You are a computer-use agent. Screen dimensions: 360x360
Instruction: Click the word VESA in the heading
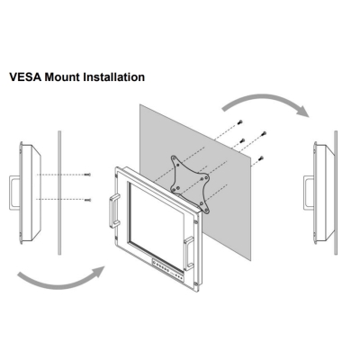click(x=25, y=76)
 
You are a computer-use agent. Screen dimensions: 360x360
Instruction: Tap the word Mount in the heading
click(x=62, y=76)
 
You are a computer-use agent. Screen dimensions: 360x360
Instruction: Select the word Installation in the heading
click(x=113, y=76)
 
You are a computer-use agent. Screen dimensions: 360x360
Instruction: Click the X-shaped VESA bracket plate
click(x=190, y=184)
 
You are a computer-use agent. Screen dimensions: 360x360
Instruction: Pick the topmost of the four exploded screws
click(x=239, y=121)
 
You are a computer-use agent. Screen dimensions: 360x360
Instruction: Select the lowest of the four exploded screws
click(x=261, y=157)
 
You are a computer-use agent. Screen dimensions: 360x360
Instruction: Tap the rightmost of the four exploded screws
click(x=264, y=133)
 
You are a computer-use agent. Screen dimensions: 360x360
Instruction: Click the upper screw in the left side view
click(x=87, y=175)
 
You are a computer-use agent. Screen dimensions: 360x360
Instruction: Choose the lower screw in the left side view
click(x=87, y=200)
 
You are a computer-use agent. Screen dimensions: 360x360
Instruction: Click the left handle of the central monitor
click(x=113, y=211)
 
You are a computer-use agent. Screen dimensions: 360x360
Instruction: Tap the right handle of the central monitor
click(x=189, y=253)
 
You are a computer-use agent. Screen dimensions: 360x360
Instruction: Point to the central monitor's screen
click(x=157, y=224)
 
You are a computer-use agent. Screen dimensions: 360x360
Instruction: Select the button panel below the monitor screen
click(x=167, y=269)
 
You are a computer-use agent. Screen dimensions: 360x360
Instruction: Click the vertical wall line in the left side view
click(x=59, y=193)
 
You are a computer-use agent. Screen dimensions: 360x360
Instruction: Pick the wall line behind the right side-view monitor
click(x=336, y=193)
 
